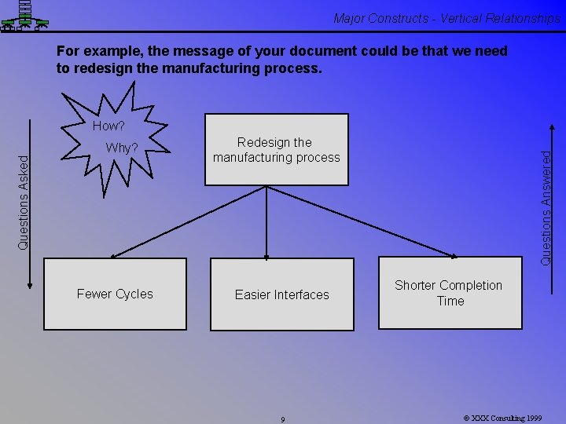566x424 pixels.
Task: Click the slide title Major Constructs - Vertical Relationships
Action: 446,18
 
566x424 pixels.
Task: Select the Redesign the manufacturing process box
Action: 276,149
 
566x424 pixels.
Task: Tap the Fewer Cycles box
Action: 115,294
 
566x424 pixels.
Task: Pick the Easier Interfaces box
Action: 281,294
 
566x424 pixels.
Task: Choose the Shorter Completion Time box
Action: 450,293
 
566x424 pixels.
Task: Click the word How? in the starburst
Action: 108,126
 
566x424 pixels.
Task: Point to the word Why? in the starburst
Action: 122,148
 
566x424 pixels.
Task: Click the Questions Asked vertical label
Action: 24,202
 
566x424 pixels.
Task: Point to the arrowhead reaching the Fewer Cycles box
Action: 114,255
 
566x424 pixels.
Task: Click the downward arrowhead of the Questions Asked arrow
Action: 30,285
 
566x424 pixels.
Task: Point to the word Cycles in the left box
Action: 134,294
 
